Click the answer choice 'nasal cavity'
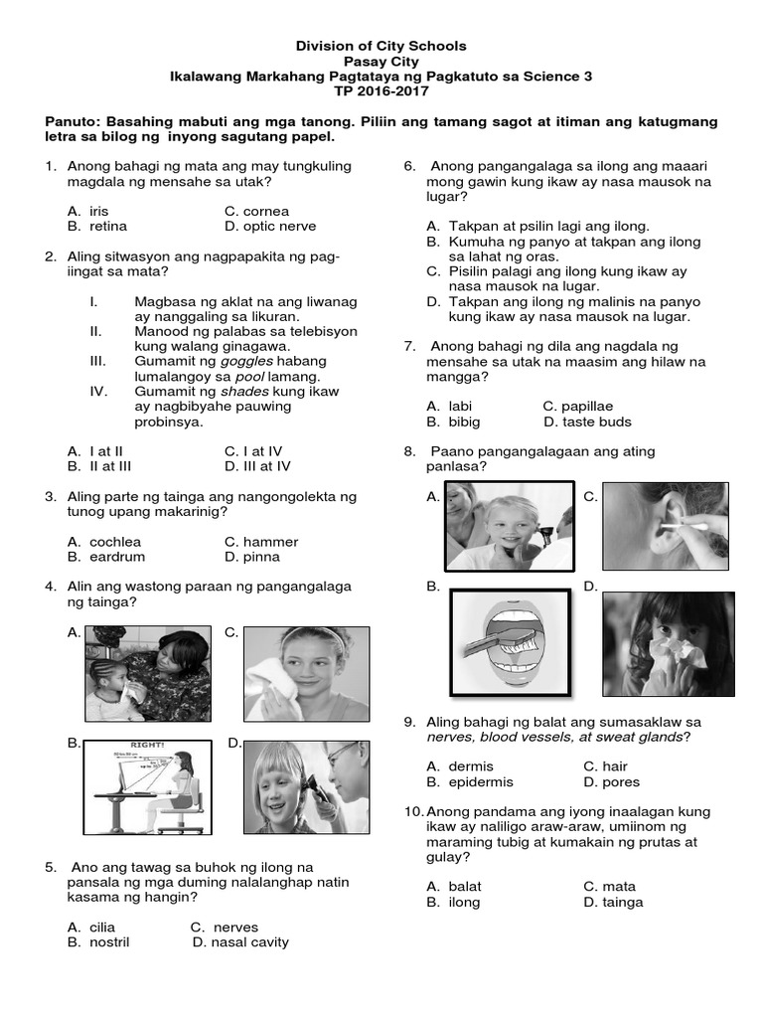click(248, 942)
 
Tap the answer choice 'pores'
click(621, 782)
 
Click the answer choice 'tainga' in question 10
click(623, 903)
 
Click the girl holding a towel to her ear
click(306, 673)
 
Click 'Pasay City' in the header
click(381, 62)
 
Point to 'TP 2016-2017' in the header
click(381, 91)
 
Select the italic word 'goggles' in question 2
click(245, 362)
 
